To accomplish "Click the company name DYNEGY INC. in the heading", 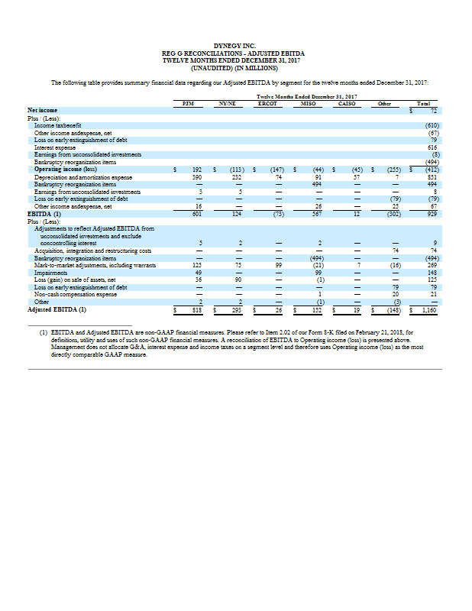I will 235,45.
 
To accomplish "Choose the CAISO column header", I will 348,102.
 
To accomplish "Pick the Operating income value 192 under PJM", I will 196,166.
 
